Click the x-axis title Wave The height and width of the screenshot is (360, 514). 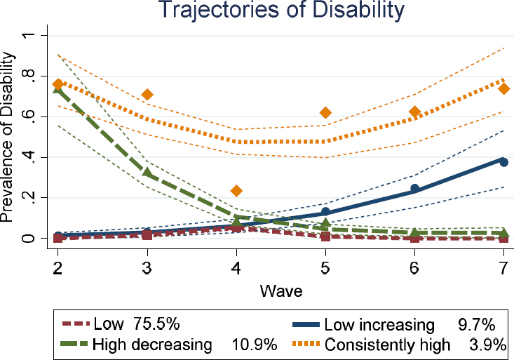click(280, 288)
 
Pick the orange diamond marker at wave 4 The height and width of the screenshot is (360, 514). click(236, 190)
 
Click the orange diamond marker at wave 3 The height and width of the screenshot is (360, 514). click(147, 94)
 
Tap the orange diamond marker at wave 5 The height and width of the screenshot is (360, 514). click(325, 112)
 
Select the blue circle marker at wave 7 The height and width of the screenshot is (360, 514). click(503, 161)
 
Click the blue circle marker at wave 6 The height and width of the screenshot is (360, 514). click(414, 188)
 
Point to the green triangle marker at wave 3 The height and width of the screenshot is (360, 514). click(147, 171)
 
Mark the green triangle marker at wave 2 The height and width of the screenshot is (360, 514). click(59, 88)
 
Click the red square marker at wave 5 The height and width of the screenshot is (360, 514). click(325, 236)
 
